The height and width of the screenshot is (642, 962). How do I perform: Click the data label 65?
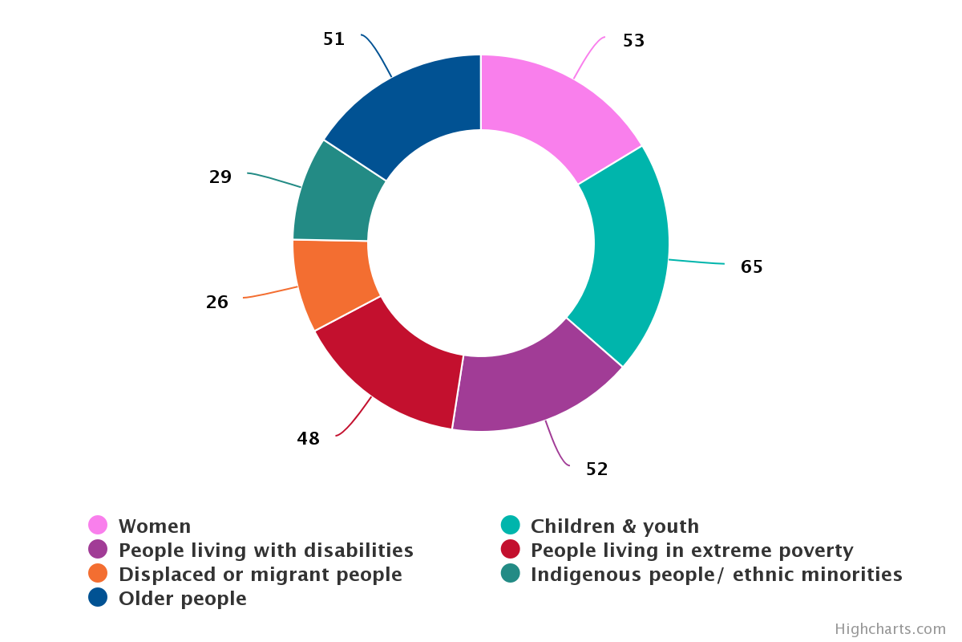(x=751, y=266)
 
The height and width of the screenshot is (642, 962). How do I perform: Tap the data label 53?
(x=633, y=40)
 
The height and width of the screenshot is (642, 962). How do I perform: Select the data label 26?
(x=217, y=302)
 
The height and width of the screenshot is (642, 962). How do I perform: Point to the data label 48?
(x=308, y=438)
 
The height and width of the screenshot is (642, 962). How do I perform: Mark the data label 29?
(x=220, y=177)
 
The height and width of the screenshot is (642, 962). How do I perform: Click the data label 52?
(x=596, y=469)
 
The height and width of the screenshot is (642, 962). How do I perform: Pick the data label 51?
(x=333, y=39)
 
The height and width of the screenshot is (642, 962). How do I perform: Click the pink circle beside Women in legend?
(x=98, y=526)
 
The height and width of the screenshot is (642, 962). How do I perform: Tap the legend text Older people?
(x=182, y=599)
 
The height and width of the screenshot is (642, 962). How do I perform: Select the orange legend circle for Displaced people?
(x=98, y=574)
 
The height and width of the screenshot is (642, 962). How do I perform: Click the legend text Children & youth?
(x=614, y=526)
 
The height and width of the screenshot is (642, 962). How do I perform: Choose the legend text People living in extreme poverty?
(x=691, y=551)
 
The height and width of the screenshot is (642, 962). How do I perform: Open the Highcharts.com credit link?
(x=890, y=629)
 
